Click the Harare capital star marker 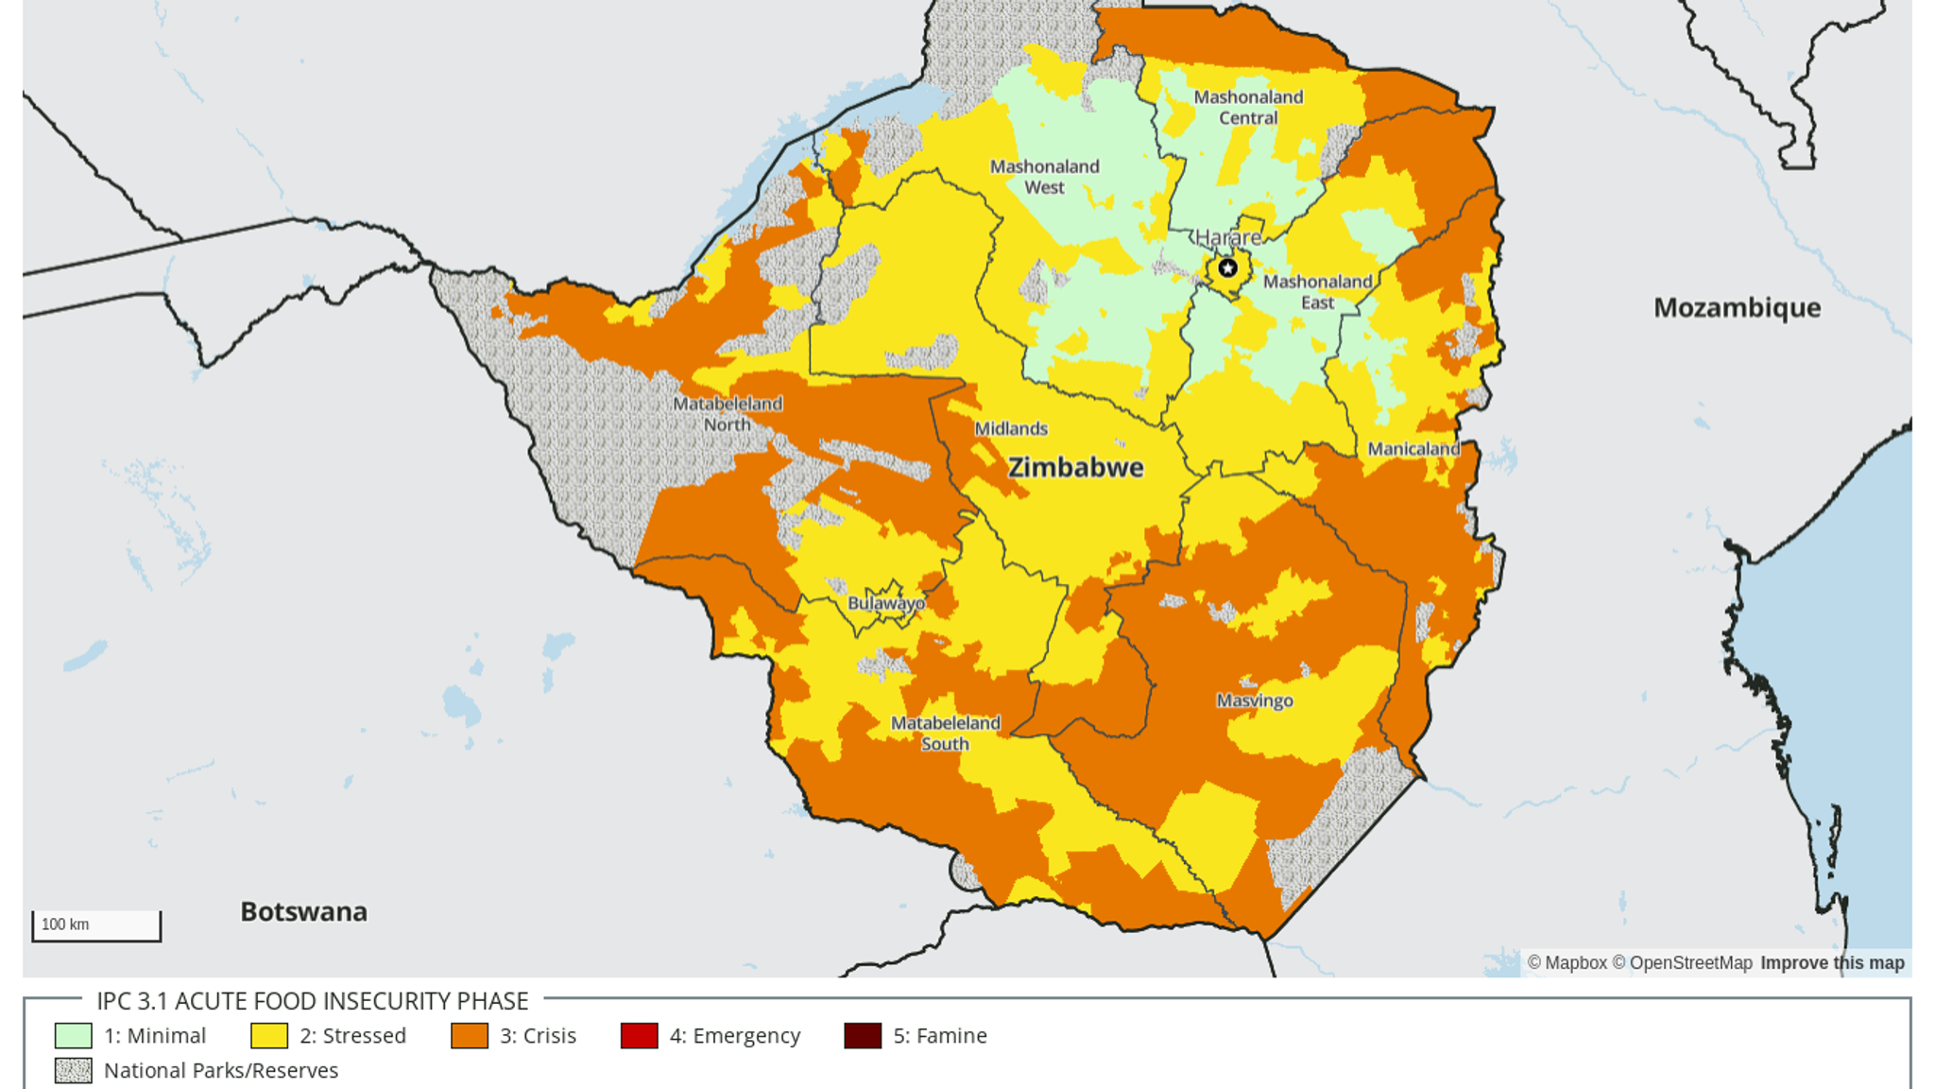[x=1226, y=268]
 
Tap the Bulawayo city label [x=885, y=603]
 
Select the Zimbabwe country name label [x=1075, y=467]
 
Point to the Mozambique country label [x=1737, y=308]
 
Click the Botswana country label [x=303, y=911]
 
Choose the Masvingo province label [x=1254, y=700]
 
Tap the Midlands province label [x=1010, y=428]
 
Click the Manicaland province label [x=1413, y=449]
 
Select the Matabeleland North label [x=727, y=414]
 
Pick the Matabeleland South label [x=945, y=733]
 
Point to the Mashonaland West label [x=1044, y=177]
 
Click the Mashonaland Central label [x=1247, y=107]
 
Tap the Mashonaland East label [x=1317, y=291]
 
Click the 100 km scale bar [x=96, y=925]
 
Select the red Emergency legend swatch [x=639, y=1036]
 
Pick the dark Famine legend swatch [x=862, y=1036]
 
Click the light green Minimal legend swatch [x=73, y=1036]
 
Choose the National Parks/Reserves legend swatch [x=73, y=1071]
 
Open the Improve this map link [x=1831, y=963]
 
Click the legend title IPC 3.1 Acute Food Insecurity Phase [x=312, y=1001]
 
